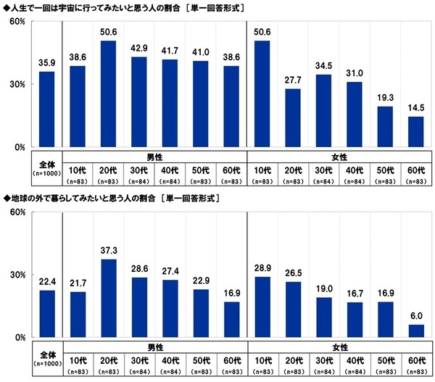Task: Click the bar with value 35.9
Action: (x=46, y=109)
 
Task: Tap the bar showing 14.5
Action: (x=416, y=132)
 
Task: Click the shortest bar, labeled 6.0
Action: (x=416, y=331)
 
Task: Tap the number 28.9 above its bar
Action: (x=262, y=269)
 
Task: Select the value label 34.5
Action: (x=323, y=66)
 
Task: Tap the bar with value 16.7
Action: (x=355, y=320)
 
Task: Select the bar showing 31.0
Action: (x=355, y=115)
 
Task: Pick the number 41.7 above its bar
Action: (x=170, y=51)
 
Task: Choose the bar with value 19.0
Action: (x=323, y=317)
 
